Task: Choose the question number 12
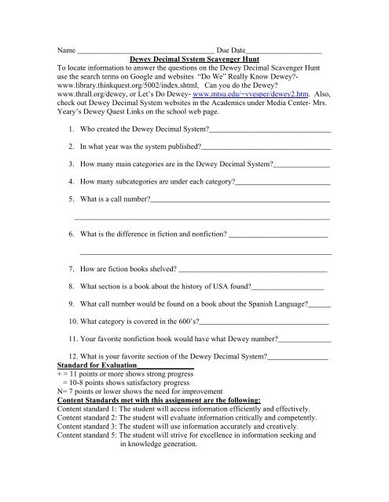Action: point(72,358)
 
